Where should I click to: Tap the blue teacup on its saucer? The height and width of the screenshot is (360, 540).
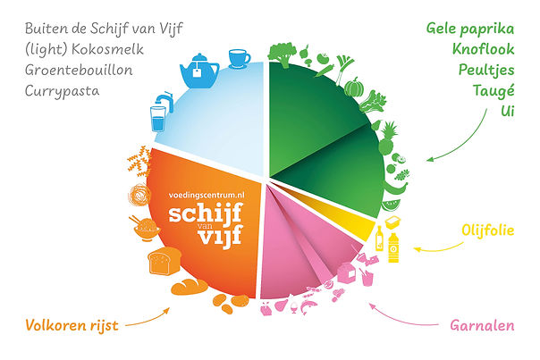coord(239,58)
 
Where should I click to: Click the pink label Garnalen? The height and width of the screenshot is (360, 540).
coord(482,326)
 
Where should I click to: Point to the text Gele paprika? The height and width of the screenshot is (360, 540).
coord(470,28)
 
